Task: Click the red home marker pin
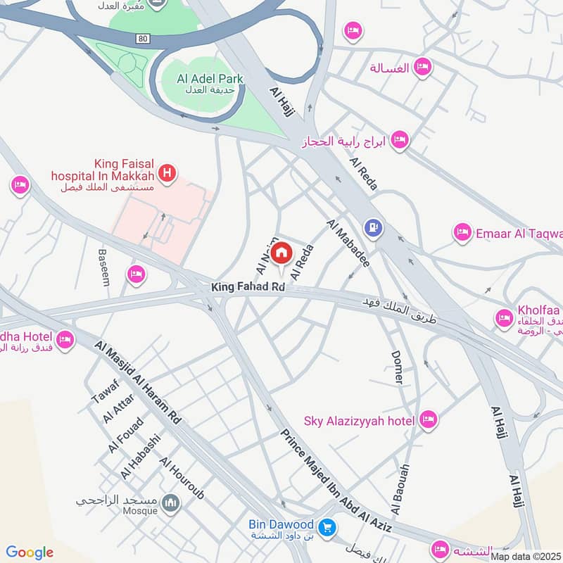tap(281, 252)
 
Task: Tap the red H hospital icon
tap(167, 172)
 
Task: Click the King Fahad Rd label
tap(248, 288)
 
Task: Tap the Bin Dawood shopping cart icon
tap(327, 526)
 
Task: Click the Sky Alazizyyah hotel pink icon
tap(427, 421)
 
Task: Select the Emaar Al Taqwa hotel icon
tap(462, 233)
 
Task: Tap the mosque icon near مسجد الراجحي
tap(170, 503)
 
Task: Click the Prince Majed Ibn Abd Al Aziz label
tap(336, 479)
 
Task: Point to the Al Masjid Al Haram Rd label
tap(139, 381)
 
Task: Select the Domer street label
tap(398, 367)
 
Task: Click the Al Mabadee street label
tap(348, 242)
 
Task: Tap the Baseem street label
tap(104, 267)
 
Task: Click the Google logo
tap(30, 552)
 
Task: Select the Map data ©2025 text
tap(526, 557)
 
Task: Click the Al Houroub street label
tap(182, 479)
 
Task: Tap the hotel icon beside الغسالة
tap(422, 68)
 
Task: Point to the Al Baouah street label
tap(400, 489)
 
